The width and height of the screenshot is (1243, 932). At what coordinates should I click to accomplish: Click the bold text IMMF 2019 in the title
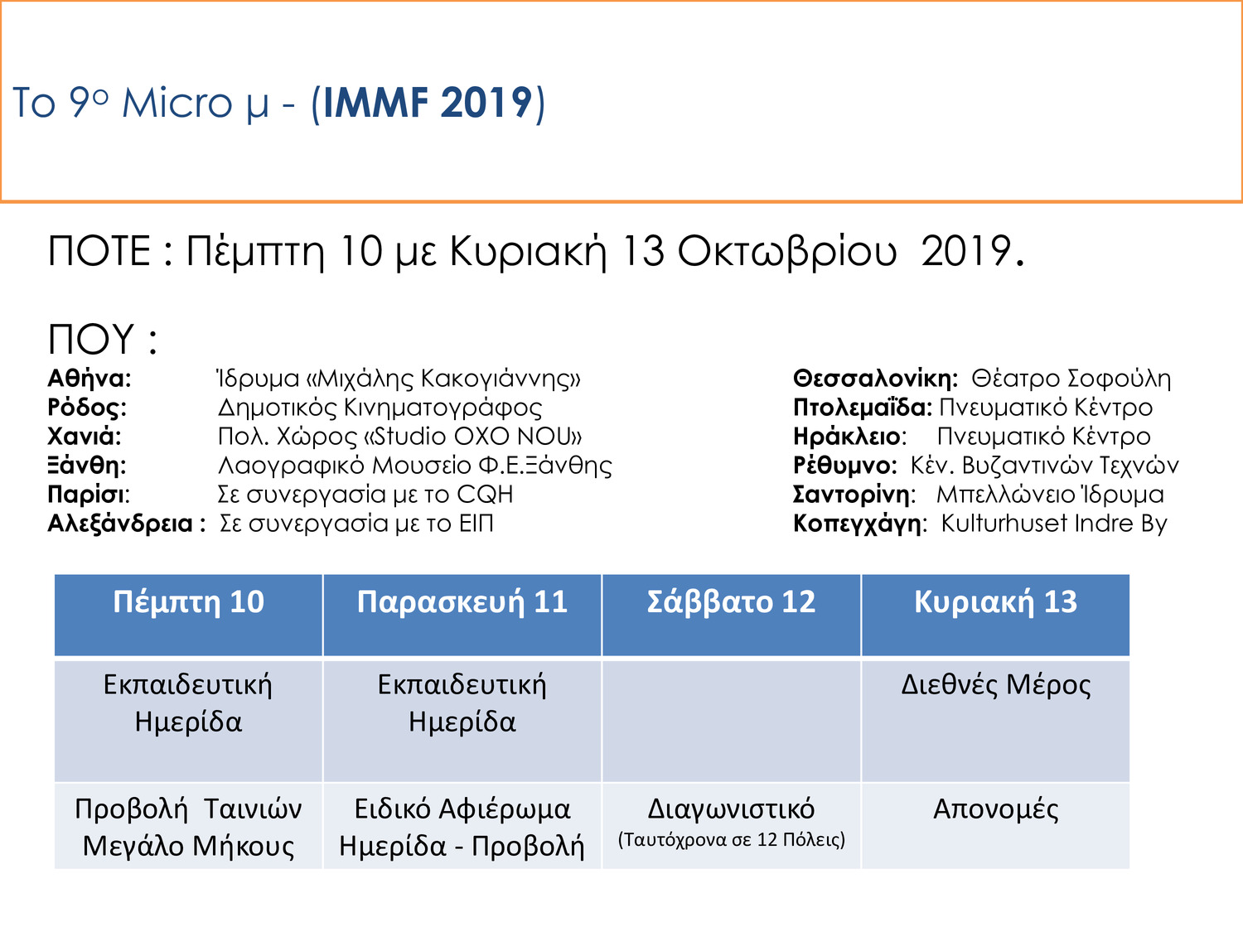click(x=427, y=104)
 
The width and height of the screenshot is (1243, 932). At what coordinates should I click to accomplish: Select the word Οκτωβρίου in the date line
click(x=787, y=251)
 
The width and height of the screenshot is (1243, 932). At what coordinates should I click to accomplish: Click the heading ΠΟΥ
click(x=91, y=340)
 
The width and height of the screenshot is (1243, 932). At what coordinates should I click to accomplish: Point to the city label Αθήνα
click(x=89, y=379)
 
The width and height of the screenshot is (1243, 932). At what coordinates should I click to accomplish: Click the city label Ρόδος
click(x=87, y=408)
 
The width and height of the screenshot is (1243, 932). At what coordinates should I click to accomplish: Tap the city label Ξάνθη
click(x=87, y=466)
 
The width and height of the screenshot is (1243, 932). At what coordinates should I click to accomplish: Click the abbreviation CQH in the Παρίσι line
click(x=485, y=495)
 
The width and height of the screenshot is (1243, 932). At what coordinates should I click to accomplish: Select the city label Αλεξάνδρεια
click(x=120, y=524)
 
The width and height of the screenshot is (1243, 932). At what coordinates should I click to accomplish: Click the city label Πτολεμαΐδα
click(x=862, y=408)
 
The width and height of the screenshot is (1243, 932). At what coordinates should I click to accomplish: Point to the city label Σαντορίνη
click(x=854, y=495)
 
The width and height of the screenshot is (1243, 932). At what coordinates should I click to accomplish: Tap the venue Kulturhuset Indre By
click(x=1054, y=524)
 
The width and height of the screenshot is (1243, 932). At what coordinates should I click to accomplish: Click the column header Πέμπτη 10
click(x=188, y=602)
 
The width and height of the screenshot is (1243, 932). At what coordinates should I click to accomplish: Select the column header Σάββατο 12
click(x=731, y=602)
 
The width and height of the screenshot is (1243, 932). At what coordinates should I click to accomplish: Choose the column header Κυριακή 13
click(x=995, y=602)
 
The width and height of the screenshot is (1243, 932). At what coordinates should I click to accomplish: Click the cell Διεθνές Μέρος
click(x=995, y=685)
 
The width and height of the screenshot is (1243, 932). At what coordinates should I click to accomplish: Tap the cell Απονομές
click(x=995, y=809)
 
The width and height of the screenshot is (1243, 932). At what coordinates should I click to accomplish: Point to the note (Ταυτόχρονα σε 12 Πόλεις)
click(x=731, y=840)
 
